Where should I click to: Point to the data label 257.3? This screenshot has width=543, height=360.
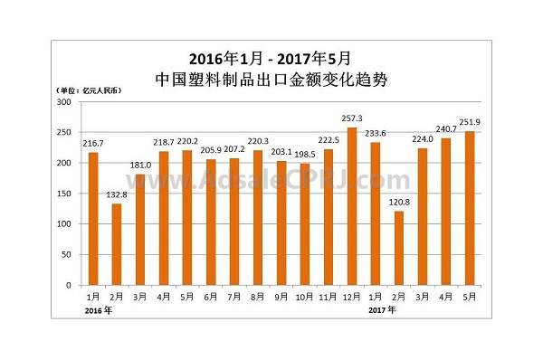coord(351,118)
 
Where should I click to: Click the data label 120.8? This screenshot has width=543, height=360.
coord(399,202)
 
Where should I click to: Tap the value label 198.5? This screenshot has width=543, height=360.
coord(305,155)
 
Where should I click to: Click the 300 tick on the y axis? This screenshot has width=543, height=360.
coord(64,102)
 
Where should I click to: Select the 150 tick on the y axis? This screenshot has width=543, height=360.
coord(64,194)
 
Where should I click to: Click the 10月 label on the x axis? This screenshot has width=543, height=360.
coord(305,295)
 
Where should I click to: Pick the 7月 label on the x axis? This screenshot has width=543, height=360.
coord(234,295)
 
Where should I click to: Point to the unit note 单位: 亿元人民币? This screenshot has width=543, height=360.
coord(90,90)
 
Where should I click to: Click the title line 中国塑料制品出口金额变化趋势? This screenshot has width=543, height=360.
coord(271,79)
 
